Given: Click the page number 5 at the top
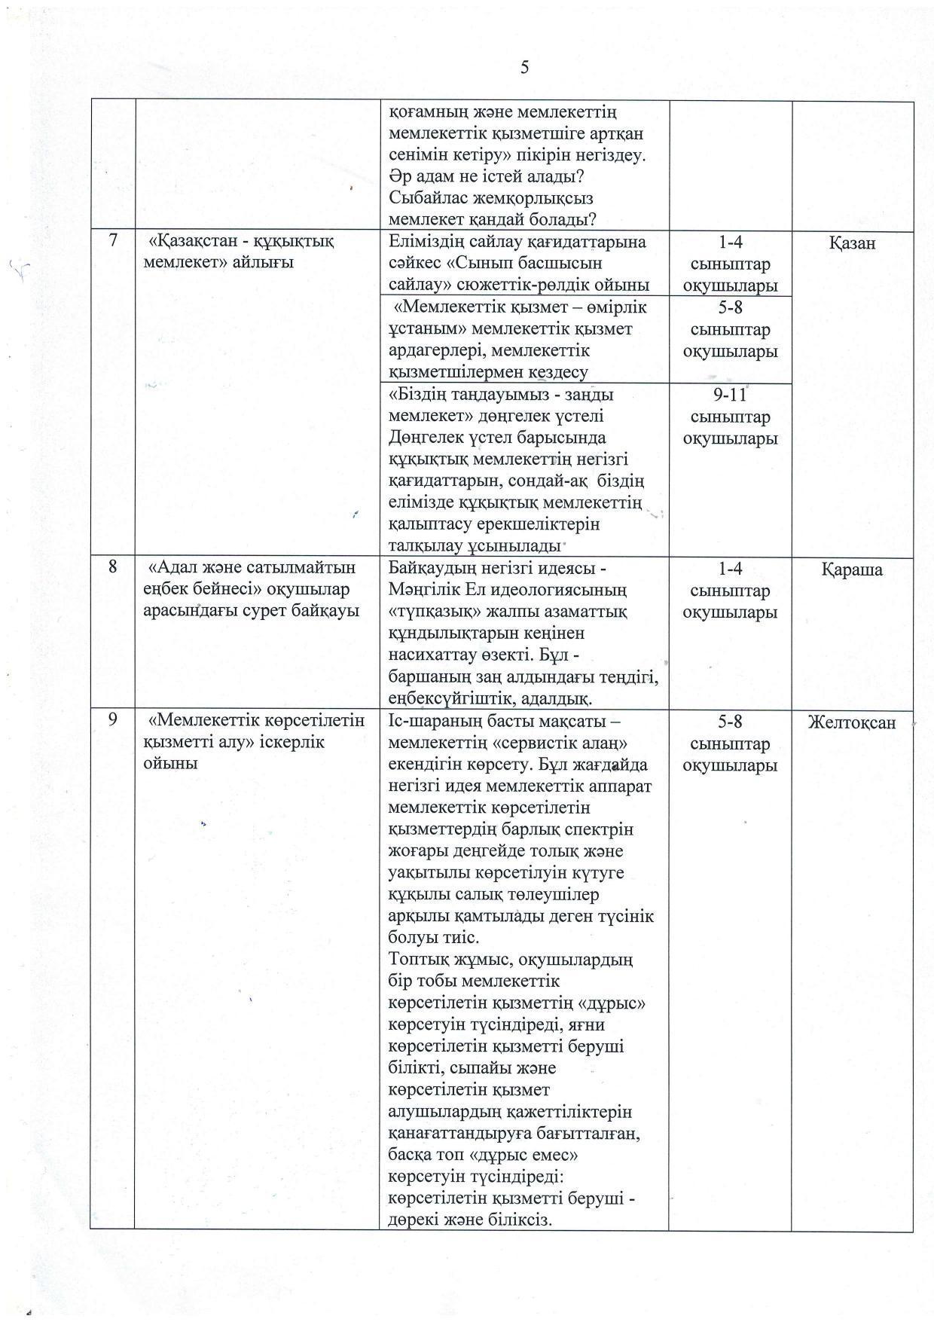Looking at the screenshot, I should point(524,68).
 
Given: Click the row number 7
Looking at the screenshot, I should point(113,241).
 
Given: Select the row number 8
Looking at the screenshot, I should point(113,567).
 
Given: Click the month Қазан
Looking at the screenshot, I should point(852,243).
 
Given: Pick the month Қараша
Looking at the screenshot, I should point(852,569).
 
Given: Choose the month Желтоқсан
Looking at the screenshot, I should point(852,722).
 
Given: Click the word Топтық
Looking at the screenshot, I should point(417,960).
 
